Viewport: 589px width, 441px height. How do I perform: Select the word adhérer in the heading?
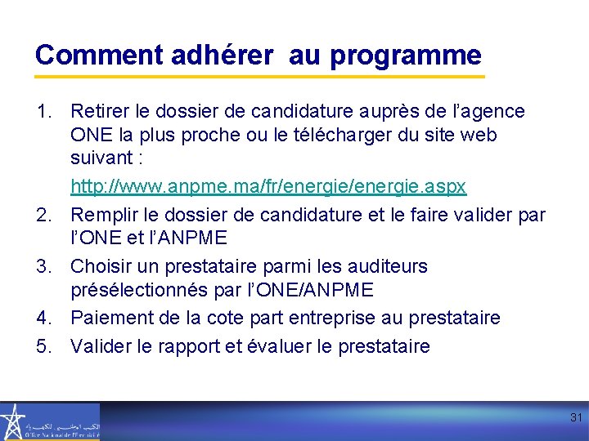pos(223,56)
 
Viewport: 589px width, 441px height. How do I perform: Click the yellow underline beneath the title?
pos(259,77)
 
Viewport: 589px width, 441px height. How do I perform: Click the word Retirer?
pos(98,110)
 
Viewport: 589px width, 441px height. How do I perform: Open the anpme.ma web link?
pos(268,186)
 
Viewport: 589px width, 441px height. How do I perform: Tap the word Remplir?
pos(102,215)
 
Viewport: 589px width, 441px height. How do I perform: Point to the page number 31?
pos(576,417)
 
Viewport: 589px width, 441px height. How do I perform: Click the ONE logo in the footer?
pos(49,421)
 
